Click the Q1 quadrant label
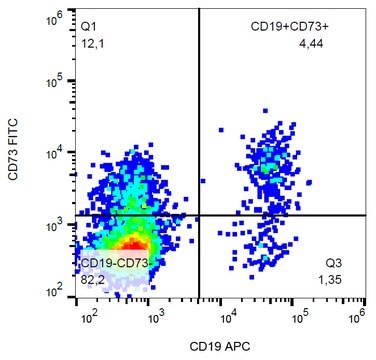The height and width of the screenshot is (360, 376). pyautogui.click(x=89, y=23)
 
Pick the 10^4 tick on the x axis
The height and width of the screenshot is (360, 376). pyautogui.click(x=226, y=317)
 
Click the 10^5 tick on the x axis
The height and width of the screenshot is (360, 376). pyautogui.click(x=296, y=317)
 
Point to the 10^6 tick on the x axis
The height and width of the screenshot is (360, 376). pyautogui.click(x=357, y=317)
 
